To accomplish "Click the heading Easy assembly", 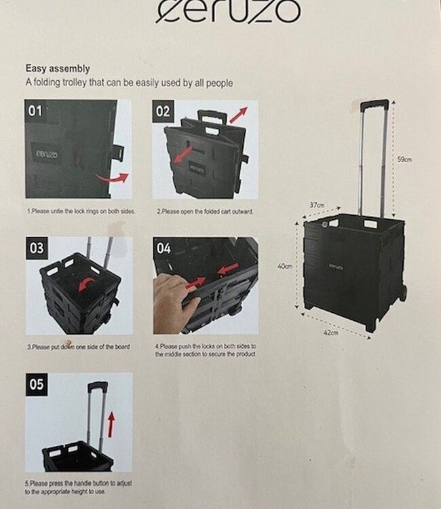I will point(58,69).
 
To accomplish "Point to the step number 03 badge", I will point(36,248).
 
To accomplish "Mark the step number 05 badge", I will point(36,384).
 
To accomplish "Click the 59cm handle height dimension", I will point(404,159).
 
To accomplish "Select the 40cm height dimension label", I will point(285,267).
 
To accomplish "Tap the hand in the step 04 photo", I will point(174,299).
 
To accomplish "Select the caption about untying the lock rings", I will point(81,212).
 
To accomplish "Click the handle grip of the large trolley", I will point(374,105).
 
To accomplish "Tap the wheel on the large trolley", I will point(404,293).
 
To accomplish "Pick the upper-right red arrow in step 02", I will point(237,115).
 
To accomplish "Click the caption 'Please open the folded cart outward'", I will point(205,212).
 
